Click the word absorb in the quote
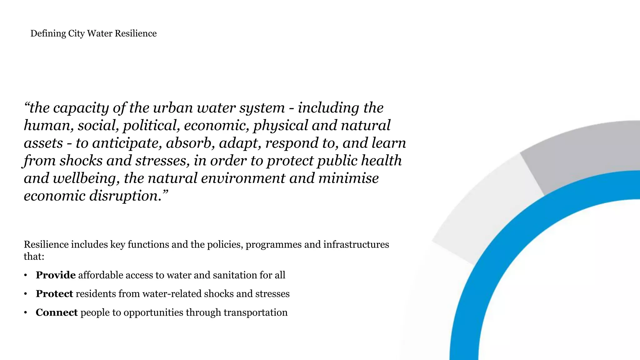[190, 143]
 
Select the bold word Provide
[56, 275]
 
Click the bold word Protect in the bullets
[54, 294]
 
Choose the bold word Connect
[57, 312]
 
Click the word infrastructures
[356, 244]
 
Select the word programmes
[273, 245]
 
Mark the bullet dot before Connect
[26, 313]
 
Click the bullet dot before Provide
[26, 275]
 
